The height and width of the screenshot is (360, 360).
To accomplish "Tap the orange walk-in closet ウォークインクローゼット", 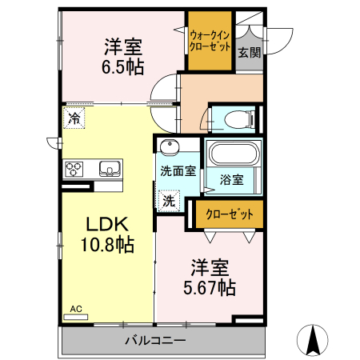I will coord(210,39).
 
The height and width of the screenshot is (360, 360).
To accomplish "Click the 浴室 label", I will coord(232,181).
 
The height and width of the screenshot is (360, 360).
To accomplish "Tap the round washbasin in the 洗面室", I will coord(169,148).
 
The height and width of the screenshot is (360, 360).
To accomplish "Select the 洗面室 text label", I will coord(178,170).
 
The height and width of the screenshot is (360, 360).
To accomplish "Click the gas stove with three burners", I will coord(75,168).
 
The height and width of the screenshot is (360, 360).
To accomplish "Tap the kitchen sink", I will coord(109,168).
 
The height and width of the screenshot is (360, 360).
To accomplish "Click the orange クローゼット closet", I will coord(229,214).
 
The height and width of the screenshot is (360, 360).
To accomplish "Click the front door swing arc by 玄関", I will coord(278,38).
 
